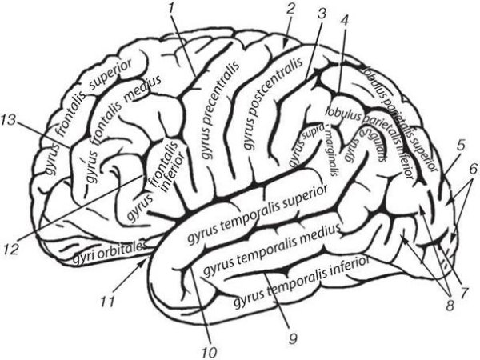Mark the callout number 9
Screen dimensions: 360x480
pyautogui.click(x=292, y=339)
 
